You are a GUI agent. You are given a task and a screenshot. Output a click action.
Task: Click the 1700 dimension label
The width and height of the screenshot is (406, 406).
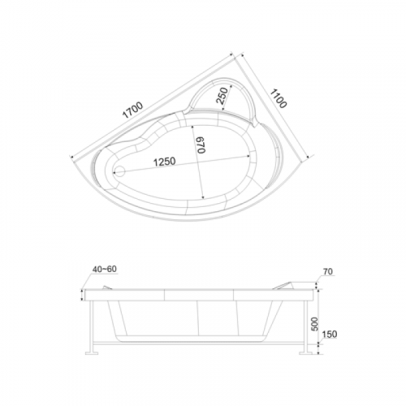132,110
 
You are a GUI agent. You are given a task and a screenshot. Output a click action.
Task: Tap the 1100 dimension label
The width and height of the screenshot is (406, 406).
279,99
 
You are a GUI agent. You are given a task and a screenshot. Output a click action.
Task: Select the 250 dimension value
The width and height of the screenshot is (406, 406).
222,96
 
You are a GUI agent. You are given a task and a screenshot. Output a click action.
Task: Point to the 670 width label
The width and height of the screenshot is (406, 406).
201,145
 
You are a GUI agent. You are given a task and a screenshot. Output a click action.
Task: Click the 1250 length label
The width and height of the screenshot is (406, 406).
165,162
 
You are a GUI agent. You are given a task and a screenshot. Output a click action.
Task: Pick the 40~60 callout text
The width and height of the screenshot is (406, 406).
105,269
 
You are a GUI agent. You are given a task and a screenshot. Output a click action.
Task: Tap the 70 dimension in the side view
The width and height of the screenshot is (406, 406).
328,271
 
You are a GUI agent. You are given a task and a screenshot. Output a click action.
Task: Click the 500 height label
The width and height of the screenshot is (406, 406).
315,324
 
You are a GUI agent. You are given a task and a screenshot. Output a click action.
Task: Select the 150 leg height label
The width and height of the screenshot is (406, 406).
330,334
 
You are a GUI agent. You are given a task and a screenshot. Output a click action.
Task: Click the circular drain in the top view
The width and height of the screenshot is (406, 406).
119,171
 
